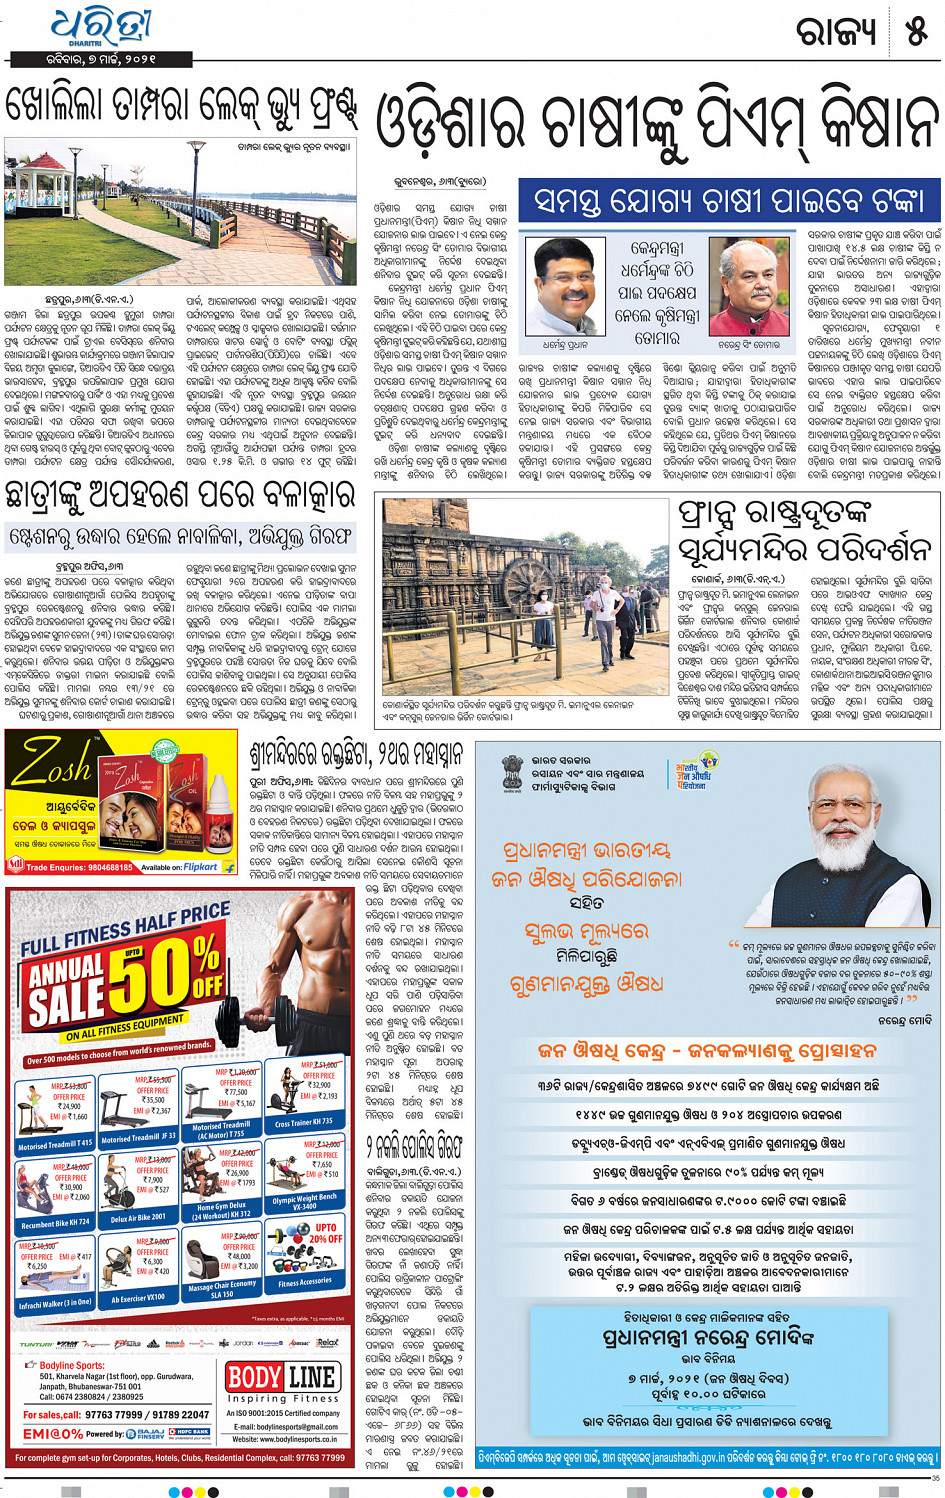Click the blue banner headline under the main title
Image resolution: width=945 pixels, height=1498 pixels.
[x=729, y=201]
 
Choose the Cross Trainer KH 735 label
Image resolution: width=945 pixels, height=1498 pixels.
[x=304, y=1122]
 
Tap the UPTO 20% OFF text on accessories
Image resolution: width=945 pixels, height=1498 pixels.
[x=325, y=1232]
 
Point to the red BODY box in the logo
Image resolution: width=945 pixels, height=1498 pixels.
[x=254, y=1377]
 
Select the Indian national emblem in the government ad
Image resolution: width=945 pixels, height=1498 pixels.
[x=512, y=773]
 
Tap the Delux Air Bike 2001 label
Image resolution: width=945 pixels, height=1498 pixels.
[x=138, y=1217]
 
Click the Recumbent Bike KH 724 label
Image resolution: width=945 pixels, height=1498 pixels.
[x=55, y=1222]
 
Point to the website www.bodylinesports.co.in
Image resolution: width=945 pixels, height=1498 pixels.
[x=284, y=1439]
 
